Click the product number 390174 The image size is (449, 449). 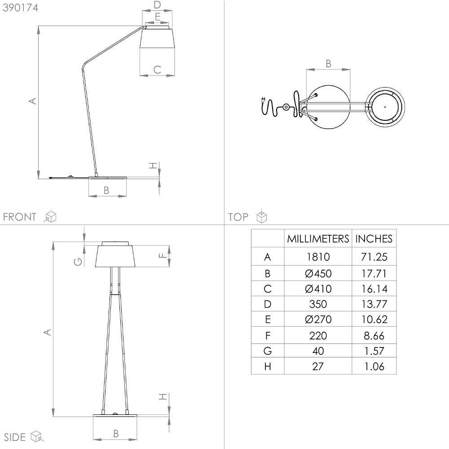pos(20,8)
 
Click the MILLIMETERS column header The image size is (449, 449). pos(318,239)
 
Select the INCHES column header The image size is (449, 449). pos(374,239)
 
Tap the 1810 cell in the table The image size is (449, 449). pos(318,257)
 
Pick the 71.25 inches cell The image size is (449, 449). pos(374,257)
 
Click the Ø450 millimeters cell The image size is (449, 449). pos(318,273)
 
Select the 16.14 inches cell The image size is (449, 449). pos(374,289)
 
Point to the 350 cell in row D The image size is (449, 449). pos(318,304)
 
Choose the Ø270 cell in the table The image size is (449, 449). pos(318,319)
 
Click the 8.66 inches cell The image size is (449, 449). pos(374,335)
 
